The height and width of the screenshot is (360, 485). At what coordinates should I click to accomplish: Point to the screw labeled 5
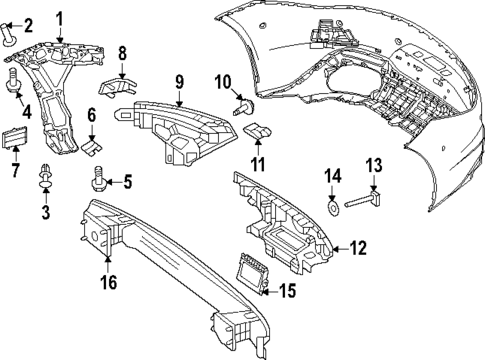[98, 180]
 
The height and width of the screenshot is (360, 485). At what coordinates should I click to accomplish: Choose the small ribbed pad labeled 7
[13, 137]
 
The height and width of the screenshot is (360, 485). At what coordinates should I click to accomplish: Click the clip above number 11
[258, 130]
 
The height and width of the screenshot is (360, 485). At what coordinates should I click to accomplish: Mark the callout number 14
[334, 180]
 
